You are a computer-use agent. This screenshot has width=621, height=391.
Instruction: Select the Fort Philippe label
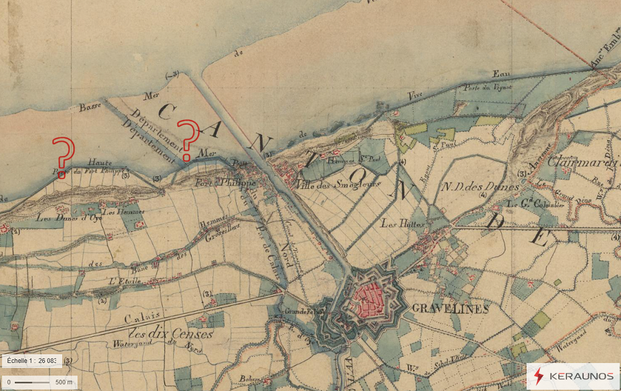(217, 183)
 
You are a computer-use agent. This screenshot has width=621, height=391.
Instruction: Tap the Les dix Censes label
(172, 334)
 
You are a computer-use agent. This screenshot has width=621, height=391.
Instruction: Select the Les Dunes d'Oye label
(60, 218)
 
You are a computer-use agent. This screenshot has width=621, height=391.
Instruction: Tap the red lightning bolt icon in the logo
(539, 376)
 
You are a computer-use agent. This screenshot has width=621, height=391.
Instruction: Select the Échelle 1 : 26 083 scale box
(31, 361)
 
